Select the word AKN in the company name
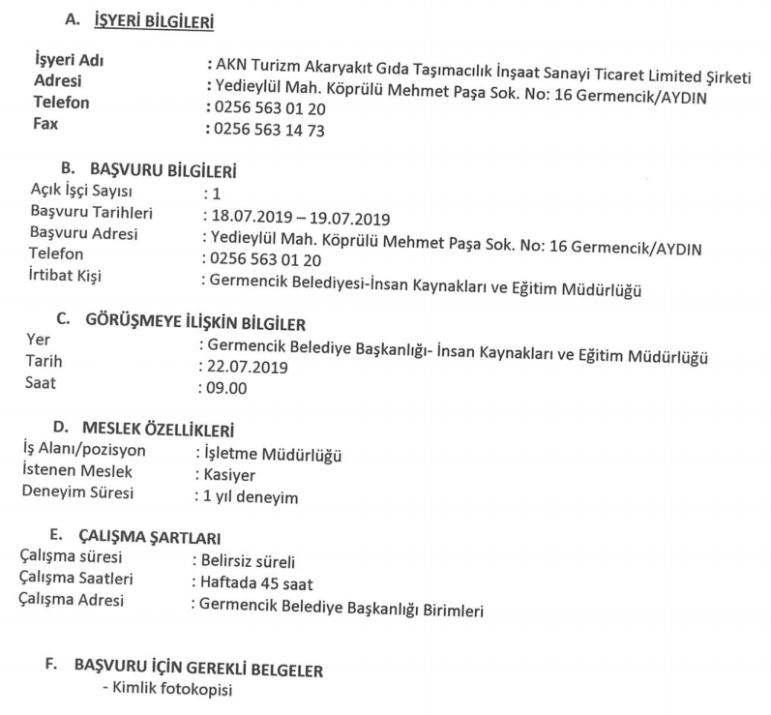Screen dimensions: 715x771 pyautogui.click(x=232, y=65)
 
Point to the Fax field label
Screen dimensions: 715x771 pyautogui.click(x=46, y=124)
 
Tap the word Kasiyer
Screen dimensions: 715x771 pyautogui.click(x=226, y=475)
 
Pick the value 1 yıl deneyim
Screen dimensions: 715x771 pyautogui.click(x=249, y=497)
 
